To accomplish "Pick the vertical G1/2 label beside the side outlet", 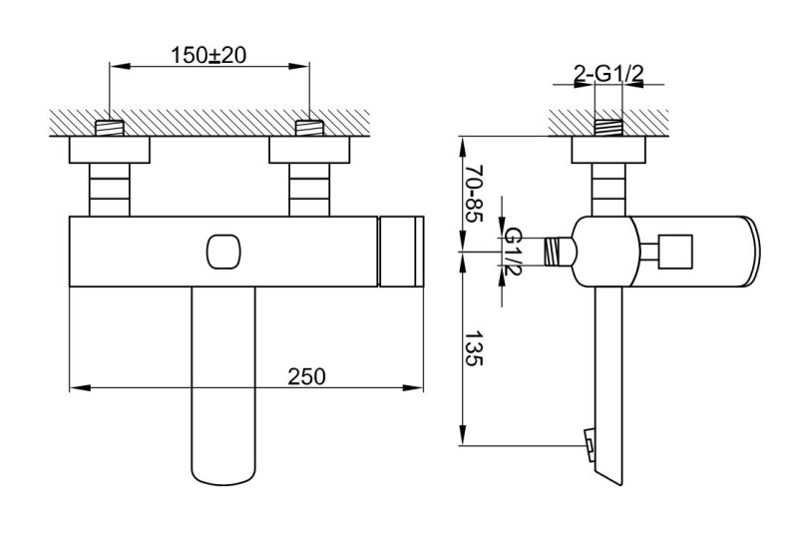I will point(513,252).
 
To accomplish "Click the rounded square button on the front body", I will point(224,254).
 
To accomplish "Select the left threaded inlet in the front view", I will point(110,129).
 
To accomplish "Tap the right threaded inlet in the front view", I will point(310,129).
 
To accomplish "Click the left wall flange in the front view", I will point(110,151).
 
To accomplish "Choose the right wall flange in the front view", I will point(310,151).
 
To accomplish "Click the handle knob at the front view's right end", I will point(404,253).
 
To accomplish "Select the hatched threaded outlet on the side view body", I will point(559,252).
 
